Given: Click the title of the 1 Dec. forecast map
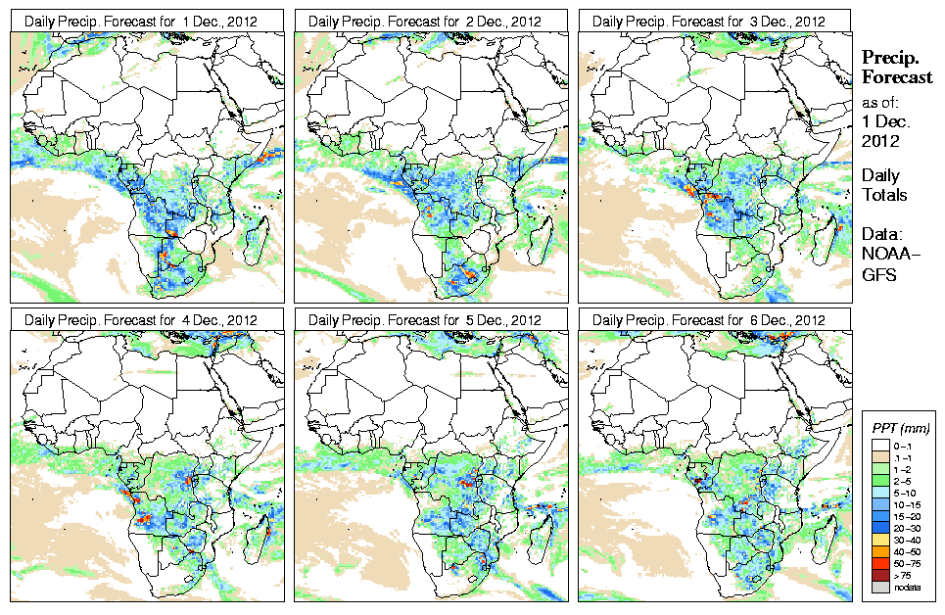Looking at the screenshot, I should (x=140, y=21).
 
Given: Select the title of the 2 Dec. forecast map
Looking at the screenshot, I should (x=424, y=21).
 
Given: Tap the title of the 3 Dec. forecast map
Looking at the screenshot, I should (x=708, y=21).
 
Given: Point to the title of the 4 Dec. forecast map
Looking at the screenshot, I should (x=140, y=320).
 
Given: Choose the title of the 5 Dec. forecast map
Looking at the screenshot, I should (x=424, y=320).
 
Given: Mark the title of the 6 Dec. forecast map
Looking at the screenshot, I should (x=708, y=320).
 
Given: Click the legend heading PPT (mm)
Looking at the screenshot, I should (x=900, y=428).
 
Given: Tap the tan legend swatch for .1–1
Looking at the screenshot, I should (x=878, y=457).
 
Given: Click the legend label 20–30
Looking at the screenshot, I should (x=904, y=528).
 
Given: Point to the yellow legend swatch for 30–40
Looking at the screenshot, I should (x=878, y=540).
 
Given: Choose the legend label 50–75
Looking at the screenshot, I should (x=904, y=563).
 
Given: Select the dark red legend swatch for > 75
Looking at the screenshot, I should (x=878, y=575).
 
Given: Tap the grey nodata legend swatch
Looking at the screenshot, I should (x=878, y=587).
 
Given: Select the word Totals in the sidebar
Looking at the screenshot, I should (x=884, y=195).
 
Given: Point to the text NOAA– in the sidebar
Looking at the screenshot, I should (x=887, y=256).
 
